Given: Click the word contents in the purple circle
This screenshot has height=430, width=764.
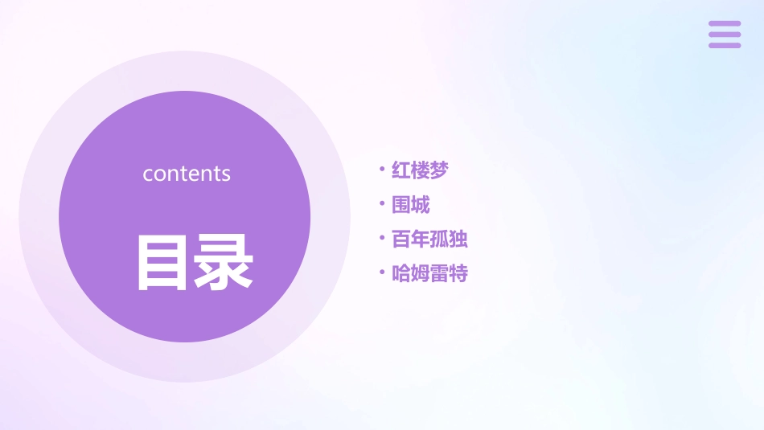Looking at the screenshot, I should coord(187,174).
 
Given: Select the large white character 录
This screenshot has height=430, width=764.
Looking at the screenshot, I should coord(224,262).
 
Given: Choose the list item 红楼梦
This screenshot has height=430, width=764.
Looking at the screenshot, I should coord(419,170).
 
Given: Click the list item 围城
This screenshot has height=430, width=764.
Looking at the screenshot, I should coord(410,205).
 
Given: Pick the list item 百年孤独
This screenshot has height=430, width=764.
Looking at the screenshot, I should coord(429,240).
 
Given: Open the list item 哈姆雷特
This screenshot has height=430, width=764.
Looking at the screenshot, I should coord(429,274).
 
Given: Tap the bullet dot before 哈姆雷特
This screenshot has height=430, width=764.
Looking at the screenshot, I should coord(382,272).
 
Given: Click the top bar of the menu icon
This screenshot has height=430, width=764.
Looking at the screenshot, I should coord(725,23).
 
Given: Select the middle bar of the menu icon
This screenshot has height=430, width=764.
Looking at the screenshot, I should coord(725,34).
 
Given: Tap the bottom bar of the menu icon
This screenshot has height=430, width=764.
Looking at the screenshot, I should coord(725,45).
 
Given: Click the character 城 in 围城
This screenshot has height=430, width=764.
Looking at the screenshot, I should coord(421,205).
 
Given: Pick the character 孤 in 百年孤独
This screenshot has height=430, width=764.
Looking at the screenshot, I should coord(439,240).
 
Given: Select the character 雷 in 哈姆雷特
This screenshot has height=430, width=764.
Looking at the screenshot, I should coord(439,274).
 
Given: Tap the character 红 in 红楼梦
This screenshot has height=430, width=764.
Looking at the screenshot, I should coord(400,170).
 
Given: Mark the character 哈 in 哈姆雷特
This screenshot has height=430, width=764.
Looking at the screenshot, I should coord(400,274).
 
